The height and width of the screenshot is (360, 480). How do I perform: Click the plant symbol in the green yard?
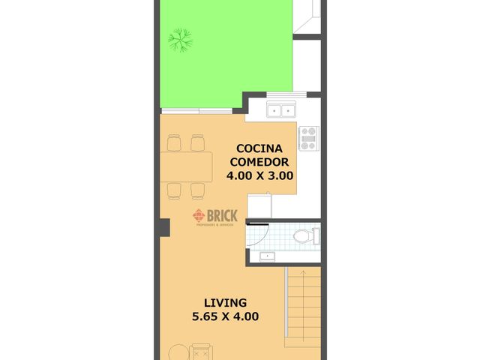(180, 38)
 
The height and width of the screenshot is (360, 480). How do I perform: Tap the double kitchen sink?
(282, 110)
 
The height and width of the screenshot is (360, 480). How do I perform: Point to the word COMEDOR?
(259, 161)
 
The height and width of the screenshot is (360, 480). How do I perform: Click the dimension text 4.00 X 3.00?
(259, 175)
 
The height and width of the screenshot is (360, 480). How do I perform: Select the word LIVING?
(225, 303)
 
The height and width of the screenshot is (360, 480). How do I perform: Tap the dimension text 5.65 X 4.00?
(225, 316)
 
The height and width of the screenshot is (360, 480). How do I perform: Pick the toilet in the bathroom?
(304, 237)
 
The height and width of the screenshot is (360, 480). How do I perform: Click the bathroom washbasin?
(268, 256)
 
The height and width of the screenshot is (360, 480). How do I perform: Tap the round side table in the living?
(177, 352)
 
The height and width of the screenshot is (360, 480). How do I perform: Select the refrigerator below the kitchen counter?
(259, 205)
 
